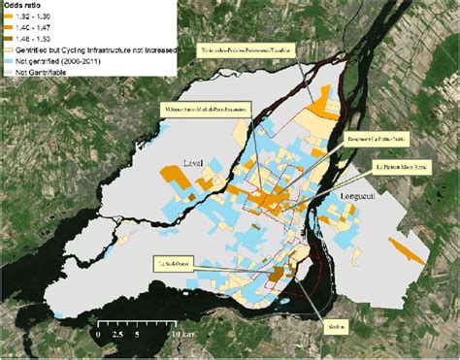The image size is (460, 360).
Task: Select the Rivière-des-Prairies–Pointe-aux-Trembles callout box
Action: tap(256, 48)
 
